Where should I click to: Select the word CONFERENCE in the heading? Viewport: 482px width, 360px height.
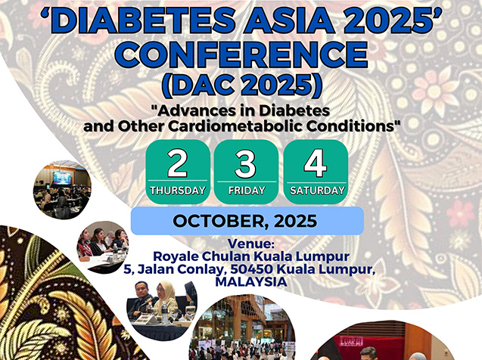click(243, 54)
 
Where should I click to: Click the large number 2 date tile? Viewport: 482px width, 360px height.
click(178, 172)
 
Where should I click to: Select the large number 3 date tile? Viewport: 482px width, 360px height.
click(246, 172)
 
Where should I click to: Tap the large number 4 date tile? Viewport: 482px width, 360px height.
click(316, 172)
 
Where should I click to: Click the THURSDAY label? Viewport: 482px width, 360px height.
click(178, 191)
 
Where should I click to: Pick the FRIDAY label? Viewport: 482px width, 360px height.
click(247, 191)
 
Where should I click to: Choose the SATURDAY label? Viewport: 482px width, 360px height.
click(318, 191)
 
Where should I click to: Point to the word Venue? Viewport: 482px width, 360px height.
click(251, 244)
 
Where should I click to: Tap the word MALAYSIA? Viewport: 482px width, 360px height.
click(251, 282)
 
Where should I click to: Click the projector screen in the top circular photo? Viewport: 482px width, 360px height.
click(62, 178)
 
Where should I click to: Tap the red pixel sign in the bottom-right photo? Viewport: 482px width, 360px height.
click(351, 340)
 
